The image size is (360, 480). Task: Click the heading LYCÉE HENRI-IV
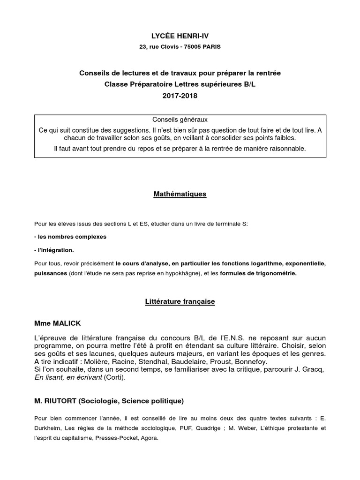[x=180, y=36]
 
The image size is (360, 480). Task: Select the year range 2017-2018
[x=180, y=96]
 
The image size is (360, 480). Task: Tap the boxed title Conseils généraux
[x=180, y=120]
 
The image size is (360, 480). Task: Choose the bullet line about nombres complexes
[x=70, y=237]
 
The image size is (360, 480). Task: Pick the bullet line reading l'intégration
[x=54, y=250]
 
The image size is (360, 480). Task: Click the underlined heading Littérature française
[x=180, y=302]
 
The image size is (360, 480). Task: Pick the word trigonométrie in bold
[x=273, y=273]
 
